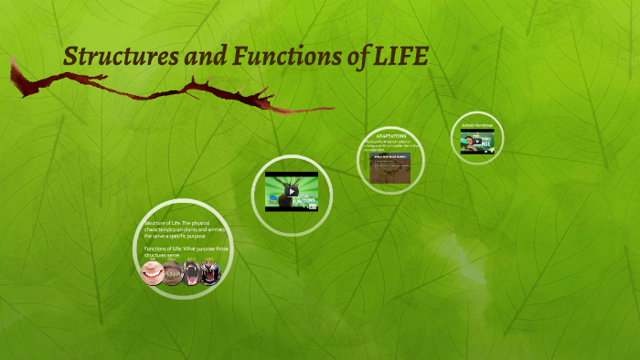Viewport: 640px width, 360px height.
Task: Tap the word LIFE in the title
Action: [x=401, y=58]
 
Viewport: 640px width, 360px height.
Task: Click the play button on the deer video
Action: [x=292, y=192]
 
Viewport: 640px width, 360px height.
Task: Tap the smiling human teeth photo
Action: [x=152, y=272]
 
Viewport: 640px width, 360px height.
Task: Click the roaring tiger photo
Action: [x=210, y=272]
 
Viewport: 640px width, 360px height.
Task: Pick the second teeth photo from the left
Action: [x=172, y=272]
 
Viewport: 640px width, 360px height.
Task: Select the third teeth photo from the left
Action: [x=191, y=272]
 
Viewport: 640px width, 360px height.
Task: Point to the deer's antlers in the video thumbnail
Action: [x=277, y=183]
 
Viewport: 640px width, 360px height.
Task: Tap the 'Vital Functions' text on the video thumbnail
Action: [x=307, y=198]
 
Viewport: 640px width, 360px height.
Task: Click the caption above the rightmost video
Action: [x=477, y=124]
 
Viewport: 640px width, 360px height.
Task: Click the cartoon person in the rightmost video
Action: [x=467, y=142]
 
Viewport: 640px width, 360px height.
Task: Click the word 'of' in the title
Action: [x=351, y=58]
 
